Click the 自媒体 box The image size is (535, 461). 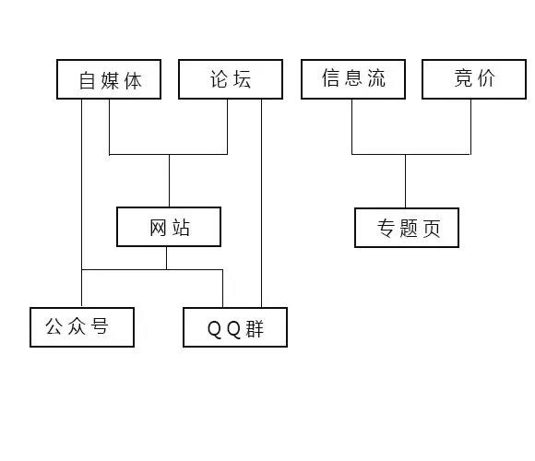109,79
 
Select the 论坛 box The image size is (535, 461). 230,79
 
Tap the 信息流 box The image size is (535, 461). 353,79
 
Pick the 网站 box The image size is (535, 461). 169,227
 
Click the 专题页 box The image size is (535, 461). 407,228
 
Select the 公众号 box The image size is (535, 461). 82,326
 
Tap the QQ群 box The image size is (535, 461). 235,327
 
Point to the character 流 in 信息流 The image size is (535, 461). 374,79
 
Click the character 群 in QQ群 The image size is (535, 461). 256,328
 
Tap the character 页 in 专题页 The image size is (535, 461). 431,229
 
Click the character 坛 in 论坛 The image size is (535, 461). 242,79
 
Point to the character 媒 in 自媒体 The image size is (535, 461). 109,79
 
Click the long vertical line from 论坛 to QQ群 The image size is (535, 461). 262,203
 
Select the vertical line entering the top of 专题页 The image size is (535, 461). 405,181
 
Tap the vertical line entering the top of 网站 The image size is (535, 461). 169,181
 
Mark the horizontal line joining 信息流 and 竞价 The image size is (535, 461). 411,154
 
